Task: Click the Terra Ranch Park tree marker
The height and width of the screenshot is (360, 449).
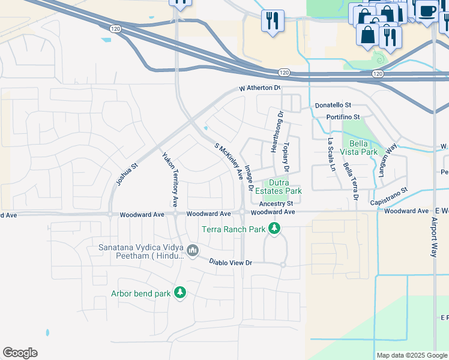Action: click(274, 229)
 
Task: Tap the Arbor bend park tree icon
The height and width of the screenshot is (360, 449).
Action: click(179, 293)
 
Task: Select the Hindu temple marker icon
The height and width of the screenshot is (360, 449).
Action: click(193, 250)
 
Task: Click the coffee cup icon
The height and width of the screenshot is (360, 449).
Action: click(427, 11)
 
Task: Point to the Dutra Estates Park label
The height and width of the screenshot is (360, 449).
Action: click(276, 187)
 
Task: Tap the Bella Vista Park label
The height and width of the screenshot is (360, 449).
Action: click(360, 148)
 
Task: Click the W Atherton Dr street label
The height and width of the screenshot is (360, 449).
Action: click(259, 88)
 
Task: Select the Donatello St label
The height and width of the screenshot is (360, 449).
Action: click(337, 105)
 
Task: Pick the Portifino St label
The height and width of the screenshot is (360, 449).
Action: click(343, 117)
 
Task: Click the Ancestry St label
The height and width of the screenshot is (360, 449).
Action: click(276, 203)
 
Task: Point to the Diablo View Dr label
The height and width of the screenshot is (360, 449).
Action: click(230, 262)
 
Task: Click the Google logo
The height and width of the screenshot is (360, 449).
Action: click(20, 353)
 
